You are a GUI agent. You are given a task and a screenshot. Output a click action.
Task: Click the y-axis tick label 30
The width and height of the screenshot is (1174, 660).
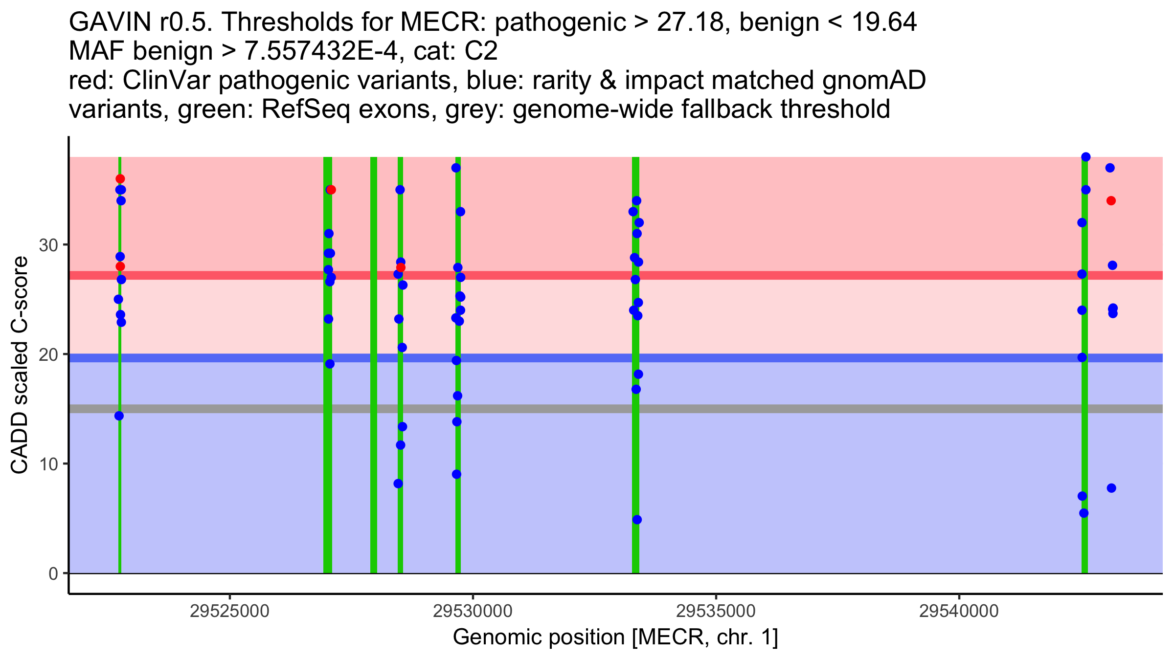pos(48,245)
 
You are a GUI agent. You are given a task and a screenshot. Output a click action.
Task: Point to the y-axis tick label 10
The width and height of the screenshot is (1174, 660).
pos(48,464)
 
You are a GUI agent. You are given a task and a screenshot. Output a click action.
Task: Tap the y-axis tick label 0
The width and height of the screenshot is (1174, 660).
pos(53,573)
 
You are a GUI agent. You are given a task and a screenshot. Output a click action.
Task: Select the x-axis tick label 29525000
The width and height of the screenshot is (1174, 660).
pos(229,611)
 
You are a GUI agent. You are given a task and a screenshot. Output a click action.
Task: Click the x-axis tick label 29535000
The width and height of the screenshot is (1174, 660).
pos(716,611)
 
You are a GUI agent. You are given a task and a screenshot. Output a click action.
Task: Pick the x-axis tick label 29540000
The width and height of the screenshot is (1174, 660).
pos(959,611)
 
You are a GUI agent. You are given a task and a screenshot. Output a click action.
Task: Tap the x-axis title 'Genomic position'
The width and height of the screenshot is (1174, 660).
pos(538,638)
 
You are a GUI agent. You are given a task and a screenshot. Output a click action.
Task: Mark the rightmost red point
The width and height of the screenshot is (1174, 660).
pos(1111,201)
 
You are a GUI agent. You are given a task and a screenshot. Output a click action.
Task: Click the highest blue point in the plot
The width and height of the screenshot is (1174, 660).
pos(1086,157)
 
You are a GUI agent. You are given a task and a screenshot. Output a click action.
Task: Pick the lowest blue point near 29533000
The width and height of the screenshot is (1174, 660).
pos(637,520)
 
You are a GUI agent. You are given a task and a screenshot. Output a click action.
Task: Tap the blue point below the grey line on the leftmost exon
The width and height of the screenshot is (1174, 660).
pos(119,416)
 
